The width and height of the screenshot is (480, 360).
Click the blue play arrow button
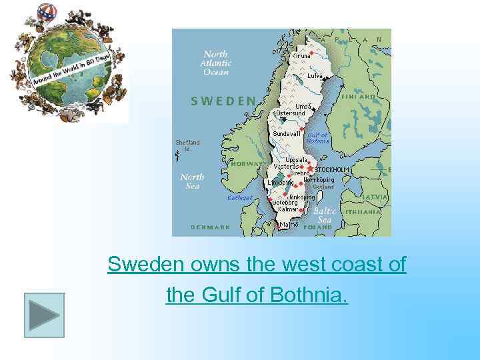(45, 315)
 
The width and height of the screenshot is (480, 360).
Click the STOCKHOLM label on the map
(331, 170)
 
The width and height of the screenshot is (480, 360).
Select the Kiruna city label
(301, 56)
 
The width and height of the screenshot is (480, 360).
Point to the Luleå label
(315, 76)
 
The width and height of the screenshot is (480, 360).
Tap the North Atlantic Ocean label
(215, 63)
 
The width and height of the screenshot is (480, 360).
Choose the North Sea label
(192, 181)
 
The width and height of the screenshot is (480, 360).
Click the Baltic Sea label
(325, 215)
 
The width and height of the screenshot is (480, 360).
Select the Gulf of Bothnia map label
(318, 138)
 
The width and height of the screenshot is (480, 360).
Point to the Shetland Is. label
(187, 145)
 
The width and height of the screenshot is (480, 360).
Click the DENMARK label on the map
(211, 227)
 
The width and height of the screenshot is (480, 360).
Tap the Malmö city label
(290, 225)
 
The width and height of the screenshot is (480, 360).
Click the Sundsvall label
(287, 133)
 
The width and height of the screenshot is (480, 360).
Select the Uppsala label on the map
(296, 160)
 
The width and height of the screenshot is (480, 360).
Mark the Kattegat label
(240, 197)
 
